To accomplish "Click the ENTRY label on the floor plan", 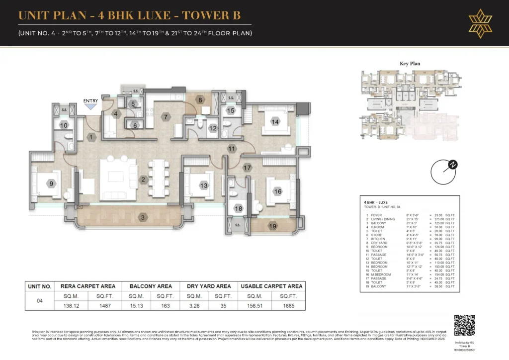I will (90, 101).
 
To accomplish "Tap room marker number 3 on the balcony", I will (143, 217).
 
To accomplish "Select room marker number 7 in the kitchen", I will (166, 117).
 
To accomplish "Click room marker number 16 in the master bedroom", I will (277, 191).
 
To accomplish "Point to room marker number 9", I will (52, 184).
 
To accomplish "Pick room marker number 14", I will (275, 121).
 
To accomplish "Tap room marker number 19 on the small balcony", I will (272, 226).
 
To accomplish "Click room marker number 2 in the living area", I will (143, 180).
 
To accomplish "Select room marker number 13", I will (203, 185).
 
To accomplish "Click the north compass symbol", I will (443, 172).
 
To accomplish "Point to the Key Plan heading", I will (410, 64).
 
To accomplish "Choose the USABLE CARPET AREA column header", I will (271, 286).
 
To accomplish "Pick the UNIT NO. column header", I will (40, 286).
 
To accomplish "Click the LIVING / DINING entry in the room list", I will (382, 219).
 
